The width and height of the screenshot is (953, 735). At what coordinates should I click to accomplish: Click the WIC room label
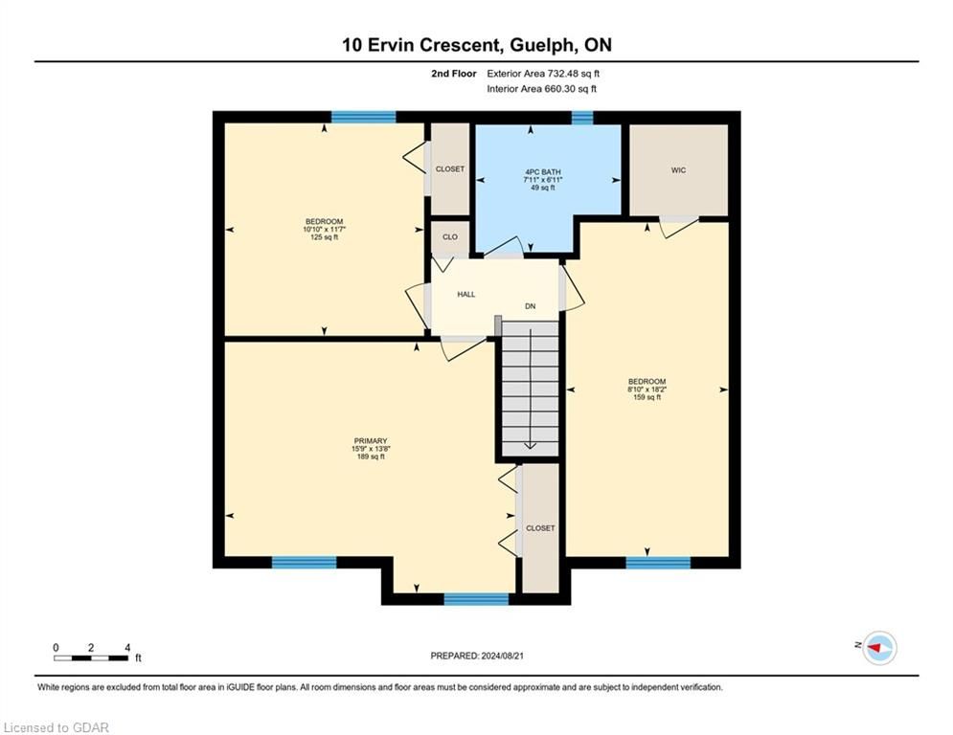tap(678, 170)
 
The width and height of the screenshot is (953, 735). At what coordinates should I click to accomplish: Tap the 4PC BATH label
tap(543, 172)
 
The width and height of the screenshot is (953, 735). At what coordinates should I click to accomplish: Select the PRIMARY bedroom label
tap(371, 441)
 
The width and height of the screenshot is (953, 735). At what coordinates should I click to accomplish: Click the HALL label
tap(466, 295)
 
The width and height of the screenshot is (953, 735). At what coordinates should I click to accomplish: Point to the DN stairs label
tap(530, 306)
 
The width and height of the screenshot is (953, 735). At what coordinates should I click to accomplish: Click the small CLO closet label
tap(450, 237)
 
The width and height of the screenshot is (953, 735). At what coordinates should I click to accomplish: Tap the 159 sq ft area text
tap(647, 397)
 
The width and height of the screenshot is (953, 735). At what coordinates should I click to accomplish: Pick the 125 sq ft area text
tap(324, 237)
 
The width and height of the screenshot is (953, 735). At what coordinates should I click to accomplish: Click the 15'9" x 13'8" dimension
tap(371, 449)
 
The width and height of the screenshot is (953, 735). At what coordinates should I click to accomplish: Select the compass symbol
tap(879, 648)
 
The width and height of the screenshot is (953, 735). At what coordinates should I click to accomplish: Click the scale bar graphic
tap(91, 657)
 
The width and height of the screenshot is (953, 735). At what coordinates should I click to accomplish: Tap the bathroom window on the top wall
tap(582, 117)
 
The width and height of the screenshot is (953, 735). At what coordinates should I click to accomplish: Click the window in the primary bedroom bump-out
tap(477, 599)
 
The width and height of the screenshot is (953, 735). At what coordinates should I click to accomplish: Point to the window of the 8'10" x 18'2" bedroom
tap(658, 563)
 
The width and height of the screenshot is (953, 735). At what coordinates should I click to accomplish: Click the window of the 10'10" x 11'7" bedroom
tap(363, 117)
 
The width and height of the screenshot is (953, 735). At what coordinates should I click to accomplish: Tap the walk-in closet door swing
tap(678, 227)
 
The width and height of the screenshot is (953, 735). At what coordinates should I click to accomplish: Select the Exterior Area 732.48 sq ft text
tap(543, 74)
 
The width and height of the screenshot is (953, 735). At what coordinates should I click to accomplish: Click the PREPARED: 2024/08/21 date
tap(477, 656)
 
